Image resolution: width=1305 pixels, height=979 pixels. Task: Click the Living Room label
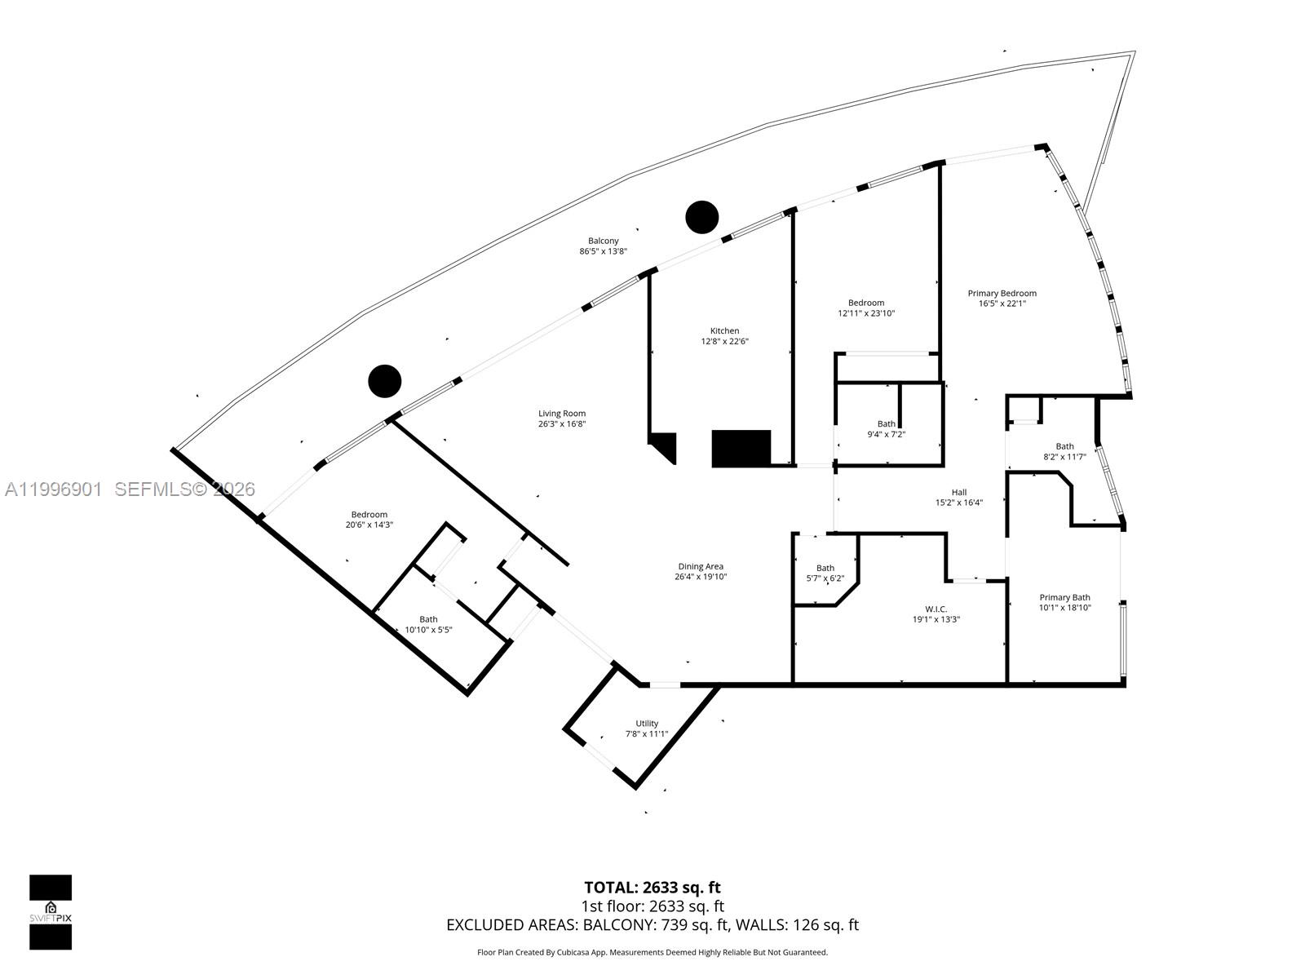point(562,414)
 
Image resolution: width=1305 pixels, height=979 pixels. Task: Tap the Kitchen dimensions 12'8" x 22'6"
point(724,342)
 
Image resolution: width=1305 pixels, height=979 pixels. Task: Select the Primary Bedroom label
point(1002,294)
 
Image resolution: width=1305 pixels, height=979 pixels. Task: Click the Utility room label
point(647,724)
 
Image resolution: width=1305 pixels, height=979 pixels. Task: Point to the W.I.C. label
point(936,609)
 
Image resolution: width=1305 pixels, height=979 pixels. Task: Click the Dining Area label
point(701,567)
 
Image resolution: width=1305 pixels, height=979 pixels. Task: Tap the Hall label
point(959,493)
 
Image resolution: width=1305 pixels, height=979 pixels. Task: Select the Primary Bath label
point(1064,598)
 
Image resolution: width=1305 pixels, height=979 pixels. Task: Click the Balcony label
point(604,241)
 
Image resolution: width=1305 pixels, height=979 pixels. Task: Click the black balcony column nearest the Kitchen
point(701,217)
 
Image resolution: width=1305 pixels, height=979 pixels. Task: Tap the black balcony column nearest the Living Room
point(385,381)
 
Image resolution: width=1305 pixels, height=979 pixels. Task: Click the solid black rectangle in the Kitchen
point(741,449)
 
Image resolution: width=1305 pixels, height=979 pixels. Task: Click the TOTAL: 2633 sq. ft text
point(652,888)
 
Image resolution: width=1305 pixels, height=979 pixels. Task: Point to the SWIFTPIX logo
point(51,912)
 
